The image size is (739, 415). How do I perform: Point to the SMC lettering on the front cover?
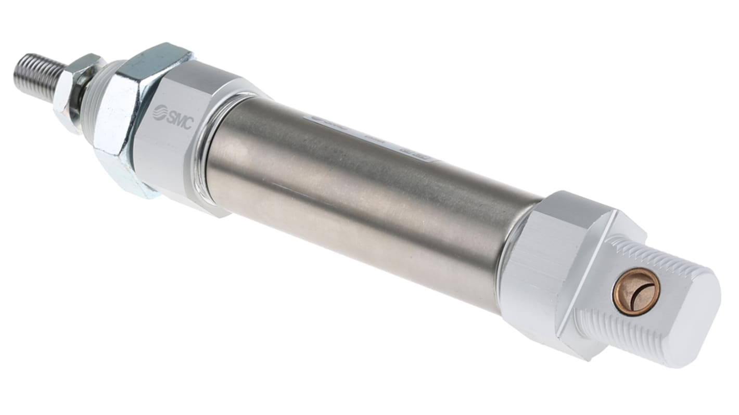pos(180,120)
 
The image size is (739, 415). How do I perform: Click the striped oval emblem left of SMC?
pos(159,112)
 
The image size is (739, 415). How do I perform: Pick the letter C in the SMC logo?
pos(188,124)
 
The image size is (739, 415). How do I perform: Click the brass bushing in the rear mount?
pos(636,291)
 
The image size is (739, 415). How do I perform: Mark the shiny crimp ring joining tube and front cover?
pos(206,151)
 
